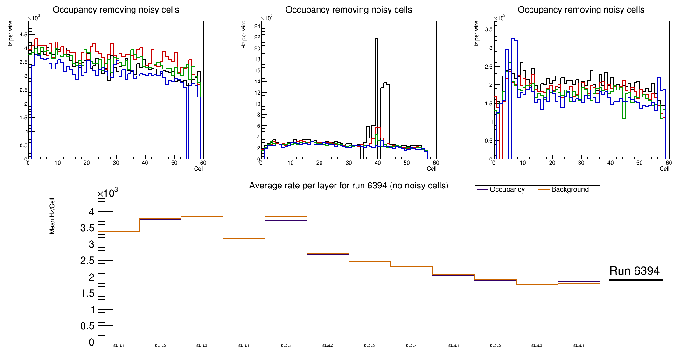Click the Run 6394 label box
[635, 270]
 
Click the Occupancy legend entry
[507, 190]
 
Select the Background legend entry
[570, 190]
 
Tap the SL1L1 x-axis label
[119, 346]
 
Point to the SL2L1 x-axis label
[286, 346]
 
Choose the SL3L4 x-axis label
[579, 346]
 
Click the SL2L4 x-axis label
[411, 346]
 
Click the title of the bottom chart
[349, 186]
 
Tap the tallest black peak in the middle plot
[377, 39]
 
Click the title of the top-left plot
[115, 10]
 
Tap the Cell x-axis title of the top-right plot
[664, 168]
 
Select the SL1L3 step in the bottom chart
[202, 216]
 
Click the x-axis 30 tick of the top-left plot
[116, 163]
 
